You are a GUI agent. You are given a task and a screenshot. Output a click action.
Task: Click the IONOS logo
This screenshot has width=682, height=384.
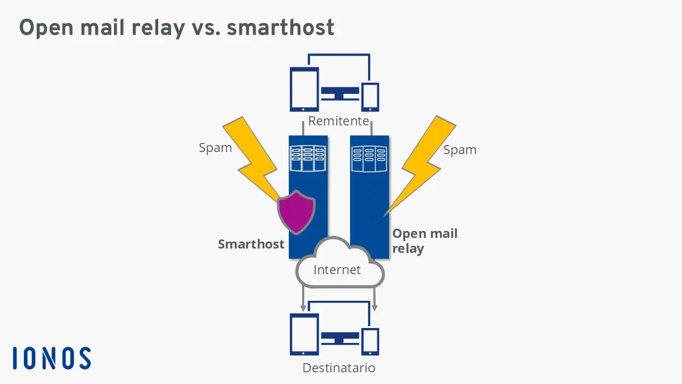pyautogui.click(x=52, y=358)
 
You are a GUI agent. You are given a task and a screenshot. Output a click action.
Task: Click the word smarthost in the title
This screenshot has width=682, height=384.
pyautogui.click(x=280, y=28)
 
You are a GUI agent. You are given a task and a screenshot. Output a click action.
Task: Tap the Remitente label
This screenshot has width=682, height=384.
pyautogui.click(x=338, y=121)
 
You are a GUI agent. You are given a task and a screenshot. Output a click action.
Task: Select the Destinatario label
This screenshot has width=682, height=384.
pyautogui.click(x=338, y=368)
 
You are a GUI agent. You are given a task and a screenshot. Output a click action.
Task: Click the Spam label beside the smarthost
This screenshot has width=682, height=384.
pyautogui.click(x=215, y=148)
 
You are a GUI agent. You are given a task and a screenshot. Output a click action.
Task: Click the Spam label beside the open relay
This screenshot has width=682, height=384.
pyautogui.click(x=460, y=150)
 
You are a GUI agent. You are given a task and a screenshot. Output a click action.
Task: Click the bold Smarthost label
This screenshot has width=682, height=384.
pyautogui.click(x=251, y=244)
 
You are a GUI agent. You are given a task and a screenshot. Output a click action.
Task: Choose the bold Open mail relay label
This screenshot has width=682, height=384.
pyautogui.click(x=424, y=241)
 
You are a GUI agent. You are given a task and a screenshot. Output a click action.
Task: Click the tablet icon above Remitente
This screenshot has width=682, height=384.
pyautogui.click(x=304, y=89)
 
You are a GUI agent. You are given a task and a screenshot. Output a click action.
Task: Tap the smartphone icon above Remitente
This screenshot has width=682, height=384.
pyautogui.click(x=370, y=97)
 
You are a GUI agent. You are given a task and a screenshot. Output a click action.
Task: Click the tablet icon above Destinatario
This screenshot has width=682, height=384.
pyautogui.click(x=304, y=334)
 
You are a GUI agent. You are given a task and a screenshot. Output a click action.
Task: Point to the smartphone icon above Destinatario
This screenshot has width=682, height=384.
pyautogui.click(x=370, y=341)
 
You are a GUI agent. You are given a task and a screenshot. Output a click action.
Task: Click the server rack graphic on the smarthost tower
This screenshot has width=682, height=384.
pyautogui.click(x=307, y=158)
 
